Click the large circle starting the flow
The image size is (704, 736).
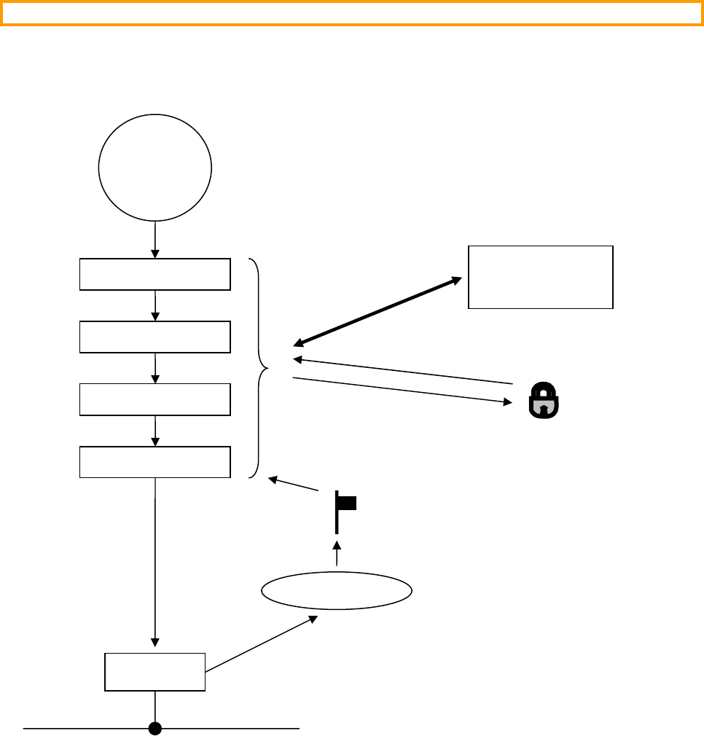tap(155, 167)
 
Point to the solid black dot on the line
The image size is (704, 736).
tap(155, 727)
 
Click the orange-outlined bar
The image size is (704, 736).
tap(351, 13)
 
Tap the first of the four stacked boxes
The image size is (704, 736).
tap(155, 274)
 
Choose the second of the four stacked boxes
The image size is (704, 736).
tap(155, 337)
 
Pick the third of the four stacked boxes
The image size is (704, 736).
tap(155, 399)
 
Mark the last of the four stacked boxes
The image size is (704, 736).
tap(155, 462)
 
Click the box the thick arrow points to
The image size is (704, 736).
tap(540, 278)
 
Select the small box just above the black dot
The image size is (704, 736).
tap(155, 672)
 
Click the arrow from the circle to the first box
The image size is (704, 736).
tap(155, 239)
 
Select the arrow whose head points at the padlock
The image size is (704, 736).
tap(401, 390)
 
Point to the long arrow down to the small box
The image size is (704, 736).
tap(155, 561)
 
